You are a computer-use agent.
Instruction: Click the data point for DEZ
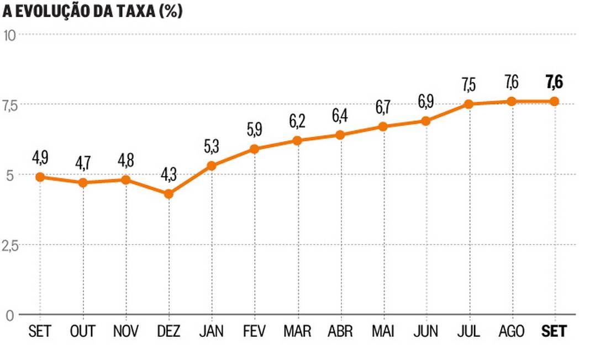[x=169, y=194]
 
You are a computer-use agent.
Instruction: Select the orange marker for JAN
[x=211, y=166]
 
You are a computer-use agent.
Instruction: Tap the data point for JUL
[x=469, y=104]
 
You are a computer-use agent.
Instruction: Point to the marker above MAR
[x=297, y=140]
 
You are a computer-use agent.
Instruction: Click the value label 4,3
[x=169, y=174]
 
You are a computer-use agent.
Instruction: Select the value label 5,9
[x=254, y=130]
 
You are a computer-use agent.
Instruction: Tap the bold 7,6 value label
[x=554, y=82]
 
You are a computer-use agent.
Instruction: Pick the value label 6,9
[x=426, y=102]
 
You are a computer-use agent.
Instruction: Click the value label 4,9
[x=40, y=157]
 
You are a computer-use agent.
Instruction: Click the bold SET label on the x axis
[x=554, y=331]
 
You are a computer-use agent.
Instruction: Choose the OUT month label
[x=83, y=331]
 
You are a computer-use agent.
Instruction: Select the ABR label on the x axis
[x=340, y=331]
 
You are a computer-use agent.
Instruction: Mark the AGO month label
[x=511, y=331]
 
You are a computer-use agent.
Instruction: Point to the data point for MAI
[x=383, y=126]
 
